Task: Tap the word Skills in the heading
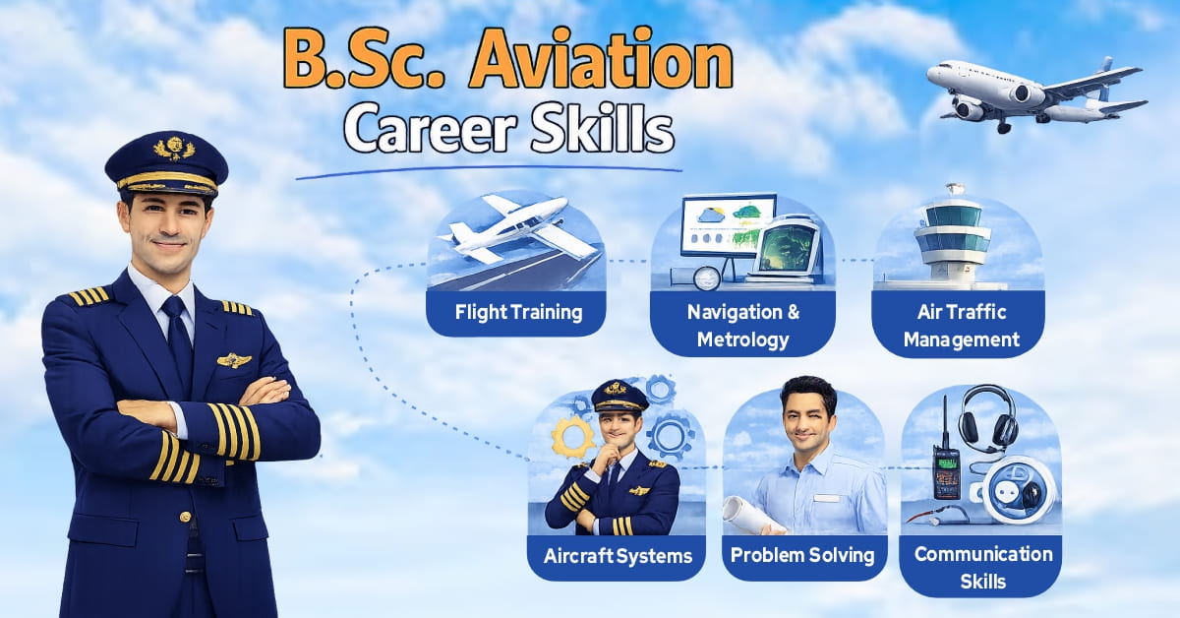(x=604, y=130)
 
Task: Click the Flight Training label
(x=518, y=313)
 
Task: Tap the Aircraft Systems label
(x=618, y=555)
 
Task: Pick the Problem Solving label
(x=801, y=555)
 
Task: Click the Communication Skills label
(x=982, y=566)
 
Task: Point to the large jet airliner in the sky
(x=1032, y=94)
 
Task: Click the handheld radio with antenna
(x=944, y=463)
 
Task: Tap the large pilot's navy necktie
(x=177, y=335)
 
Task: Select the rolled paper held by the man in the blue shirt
(x=742, y=513)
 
